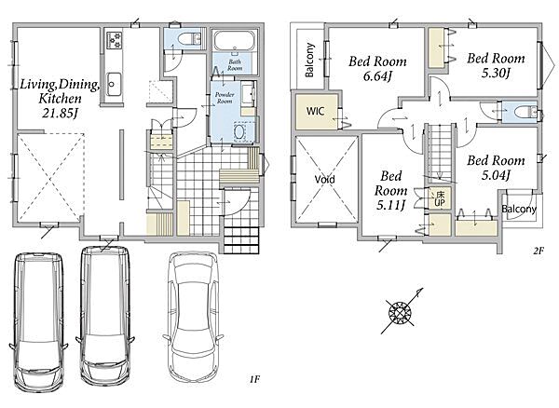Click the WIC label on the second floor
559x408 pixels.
315,111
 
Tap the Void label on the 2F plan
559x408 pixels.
325,179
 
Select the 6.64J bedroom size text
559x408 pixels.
377,76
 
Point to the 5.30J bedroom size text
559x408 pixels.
496,74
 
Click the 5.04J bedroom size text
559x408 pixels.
496,175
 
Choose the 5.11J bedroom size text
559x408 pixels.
390,205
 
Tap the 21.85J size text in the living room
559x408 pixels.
60,114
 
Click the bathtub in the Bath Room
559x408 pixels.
235,41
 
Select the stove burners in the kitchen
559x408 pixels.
115,40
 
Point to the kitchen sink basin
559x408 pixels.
114,84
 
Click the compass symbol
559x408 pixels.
401,311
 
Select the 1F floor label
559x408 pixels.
253,380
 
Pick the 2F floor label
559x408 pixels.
538,251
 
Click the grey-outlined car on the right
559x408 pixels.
193,317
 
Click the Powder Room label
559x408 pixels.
225,98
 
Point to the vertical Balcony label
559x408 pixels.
310,60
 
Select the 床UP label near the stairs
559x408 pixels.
440,198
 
